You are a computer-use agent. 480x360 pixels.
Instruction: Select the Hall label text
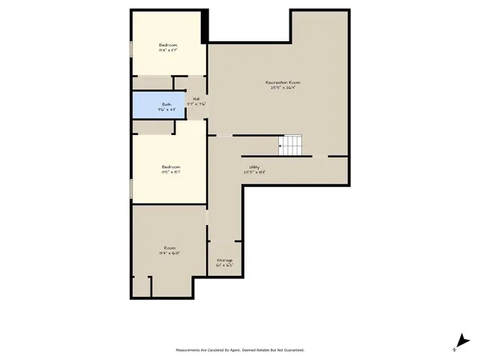pos(196,99)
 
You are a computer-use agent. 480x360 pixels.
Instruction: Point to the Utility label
pos(254,166)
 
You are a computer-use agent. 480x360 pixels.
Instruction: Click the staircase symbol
pos(290,145)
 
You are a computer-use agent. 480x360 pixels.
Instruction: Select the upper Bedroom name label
pos(168,45)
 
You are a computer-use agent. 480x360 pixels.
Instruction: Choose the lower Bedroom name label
pos(171,166)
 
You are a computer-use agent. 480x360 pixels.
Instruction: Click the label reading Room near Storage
pos(170,247)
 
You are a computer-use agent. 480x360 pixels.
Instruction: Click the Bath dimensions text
pos(166,109)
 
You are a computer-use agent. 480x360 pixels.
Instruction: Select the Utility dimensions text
pos(254,172)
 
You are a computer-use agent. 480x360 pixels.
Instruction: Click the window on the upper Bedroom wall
pos(131,48)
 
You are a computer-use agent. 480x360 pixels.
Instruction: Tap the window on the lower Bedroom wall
pos(131,188)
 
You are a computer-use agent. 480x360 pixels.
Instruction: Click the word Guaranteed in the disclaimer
pos(294,350)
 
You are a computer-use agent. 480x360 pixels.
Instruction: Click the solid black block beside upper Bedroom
pos(205,26)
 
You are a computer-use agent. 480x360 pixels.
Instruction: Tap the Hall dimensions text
pos(196,104)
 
